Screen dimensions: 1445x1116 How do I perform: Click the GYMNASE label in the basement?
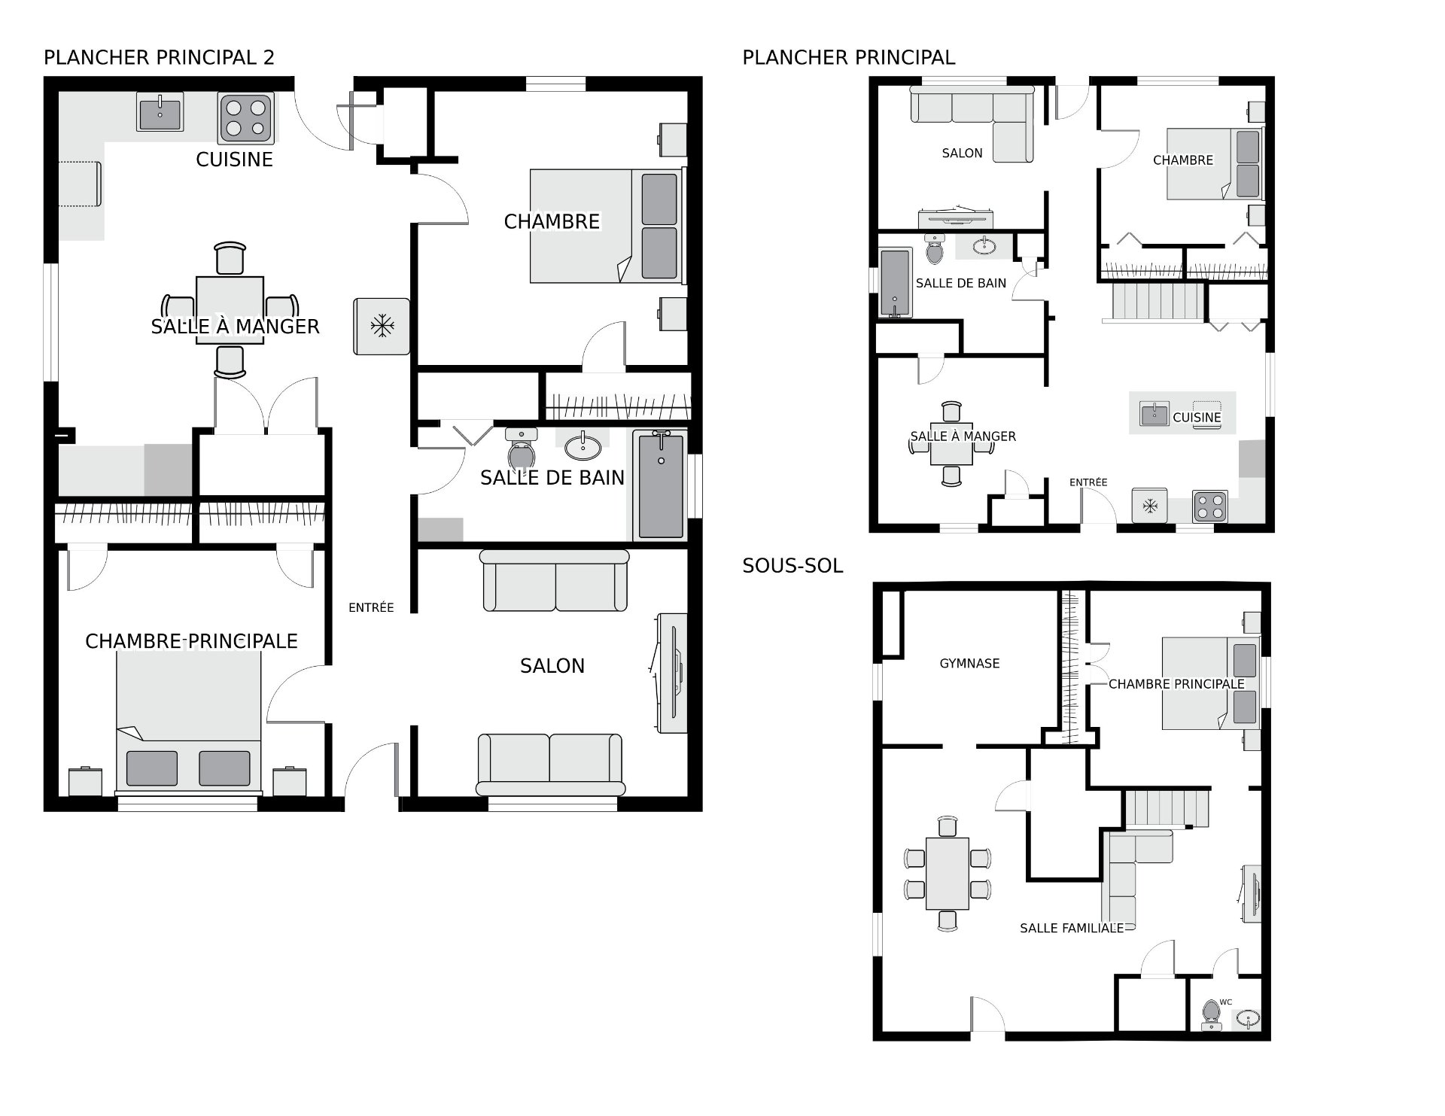(x=969, y=663)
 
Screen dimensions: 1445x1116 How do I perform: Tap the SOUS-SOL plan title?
(x=792, y=566)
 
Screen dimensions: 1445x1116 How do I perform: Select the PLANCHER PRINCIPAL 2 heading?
(x=160, y=57)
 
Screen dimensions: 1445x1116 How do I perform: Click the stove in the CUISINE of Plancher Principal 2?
(x=245, y=118)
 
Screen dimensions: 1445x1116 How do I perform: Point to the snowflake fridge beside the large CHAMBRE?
(x=382, y=326)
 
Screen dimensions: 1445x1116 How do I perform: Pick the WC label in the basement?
(x=1226, y=1002)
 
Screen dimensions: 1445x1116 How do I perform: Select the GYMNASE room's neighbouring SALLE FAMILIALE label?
(x=1072, y=928)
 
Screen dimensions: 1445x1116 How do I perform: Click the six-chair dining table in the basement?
(x=948, y=873)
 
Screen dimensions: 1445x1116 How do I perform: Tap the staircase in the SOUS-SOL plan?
(x=1167, y=807)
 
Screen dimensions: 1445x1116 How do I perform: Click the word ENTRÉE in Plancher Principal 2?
(x=371, y=607)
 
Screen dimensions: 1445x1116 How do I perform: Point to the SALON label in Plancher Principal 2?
(x=552, y=665)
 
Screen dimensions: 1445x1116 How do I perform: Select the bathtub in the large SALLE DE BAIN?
(x=661, y=485)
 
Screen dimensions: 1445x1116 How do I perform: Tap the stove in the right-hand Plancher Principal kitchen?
(x=1209, y=506)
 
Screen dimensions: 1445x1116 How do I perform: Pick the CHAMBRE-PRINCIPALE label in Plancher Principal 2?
(x=191, y=641)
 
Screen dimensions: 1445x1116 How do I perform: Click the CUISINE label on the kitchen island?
(x=1197, y=417)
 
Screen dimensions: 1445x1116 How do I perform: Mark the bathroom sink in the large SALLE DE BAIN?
(x=583, y=446)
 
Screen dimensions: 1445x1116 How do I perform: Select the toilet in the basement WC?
(x=1211, y=1014)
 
